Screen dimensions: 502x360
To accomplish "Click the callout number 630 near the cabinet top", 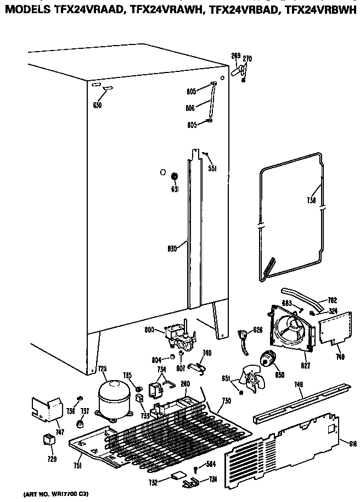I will click(x=97, y=105).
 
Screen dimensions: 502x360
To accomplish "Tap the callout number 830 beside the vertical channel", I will click(x=172, y=247).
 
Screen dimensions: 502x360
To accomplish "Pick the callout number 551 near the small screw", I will click(x=211, y=169).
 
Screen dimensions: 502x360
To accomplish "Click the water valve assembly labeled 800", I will click(x=182, y=337).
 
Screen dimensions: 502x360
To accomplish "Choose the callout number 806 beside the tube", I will click(x=190, y=108).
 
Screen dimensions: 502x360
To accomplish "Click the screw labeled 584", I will click(x=196, y=468).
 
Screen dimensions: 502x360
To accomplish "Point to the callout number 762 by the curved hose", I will click(x=332, y=300).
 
